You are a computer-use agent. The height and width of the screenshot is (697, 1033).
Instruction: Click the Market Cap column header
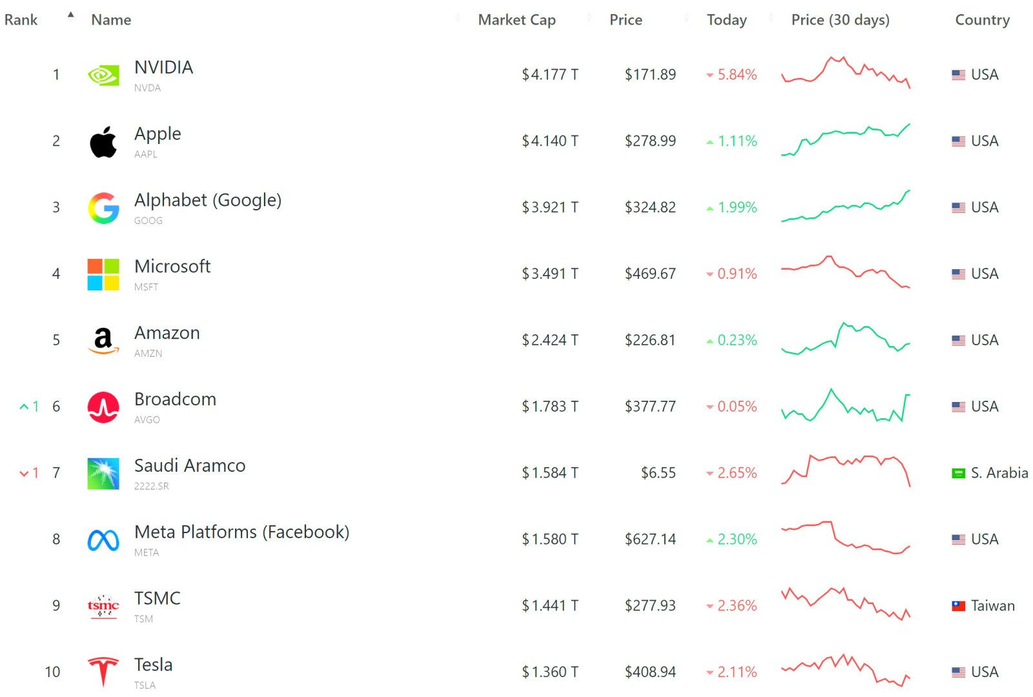(516, 20)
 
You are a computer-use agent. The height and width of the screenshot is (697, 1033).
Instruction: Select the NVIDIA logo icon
(103, 76)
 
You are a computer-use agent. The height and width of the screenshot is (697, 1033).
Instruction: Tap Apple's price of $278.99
(649, 141)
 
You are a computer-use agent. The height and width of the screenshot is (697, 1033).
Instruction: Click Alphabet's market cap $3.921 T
(549, 207)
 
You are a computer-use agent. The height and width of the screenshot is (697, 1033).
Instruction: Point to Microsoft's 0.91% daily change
(737, 274)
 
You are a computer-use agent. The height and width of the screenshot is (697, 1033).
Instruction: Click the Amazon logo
(103, 340)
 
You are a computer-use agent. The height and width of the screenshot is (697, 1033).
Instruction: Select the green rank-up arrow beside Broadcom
(25, 407)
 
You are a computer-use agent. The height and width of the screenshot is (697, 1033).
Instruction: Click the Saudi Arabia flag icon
(958, 473)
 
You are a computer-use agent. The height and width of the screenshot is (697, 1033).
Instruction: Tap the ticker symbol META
(147, 552)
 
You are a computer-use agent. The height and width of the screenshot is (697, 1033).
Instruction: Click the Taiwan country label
(992, 605)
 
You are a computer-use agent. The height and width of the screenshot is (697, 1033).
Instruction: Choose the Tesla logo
(103, 671)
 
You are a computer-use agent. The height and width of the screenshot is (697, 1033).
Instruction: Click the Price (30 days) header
(840, 20)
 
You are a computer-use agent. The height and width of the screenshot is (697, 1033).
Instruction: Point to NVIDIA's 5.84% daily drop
(737, 75)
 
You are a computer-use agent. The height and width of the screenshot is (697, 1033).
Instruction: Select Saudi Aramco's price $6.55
(658, 473)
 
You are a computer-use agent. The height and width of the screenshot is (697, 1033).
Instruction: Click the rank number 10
(52, 672)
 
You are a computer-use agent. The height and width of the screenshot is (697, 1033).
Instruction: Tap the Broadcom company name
(175, 399)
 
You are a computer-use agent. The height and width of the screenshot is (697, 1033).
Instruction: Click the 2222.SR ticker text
(152, 486)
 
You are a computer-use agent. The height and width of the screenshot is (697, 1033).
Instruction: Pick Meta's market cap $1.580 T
(549, 539)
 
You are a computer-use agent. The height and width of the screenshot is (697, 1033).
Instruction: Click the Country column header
(982, 20)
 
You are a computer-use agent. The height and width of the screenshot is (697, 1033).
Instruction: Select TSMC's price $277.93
(649, 605)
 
